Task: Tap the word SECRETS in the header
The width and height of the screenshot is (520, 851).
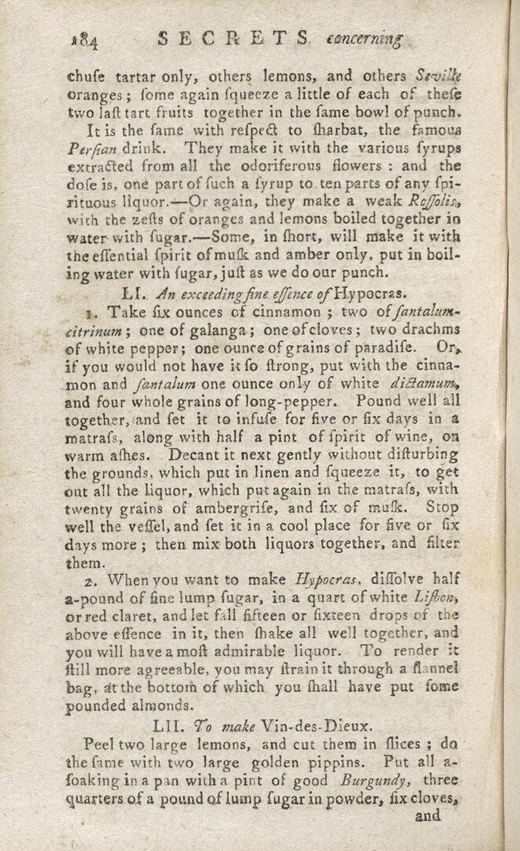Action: coord(233,40)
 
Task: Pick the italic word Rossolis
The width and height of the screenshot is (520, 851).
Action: coord(439,201)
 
